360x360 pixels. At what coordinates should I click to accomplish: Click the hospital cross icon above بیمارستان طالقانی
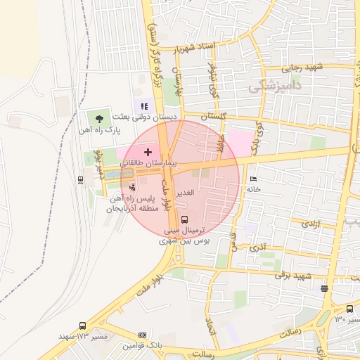tap(148, 152)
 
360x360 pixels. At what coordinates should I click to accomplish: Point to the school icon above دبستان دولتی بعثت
tap(144, 106)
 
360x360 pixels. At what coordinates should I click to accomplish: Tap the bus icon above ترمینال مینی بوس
tap(185, 219)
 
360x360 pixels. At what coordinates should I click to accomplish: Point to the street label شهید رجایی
tap(302, 68)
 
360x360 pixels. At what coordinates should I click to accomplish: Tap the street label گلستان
tap(215, 115)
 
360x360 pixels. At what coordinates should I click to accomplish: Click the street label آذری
tap(257, 247)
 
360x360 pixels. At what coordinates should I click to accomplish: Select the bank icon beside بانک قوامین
tap(143, 335)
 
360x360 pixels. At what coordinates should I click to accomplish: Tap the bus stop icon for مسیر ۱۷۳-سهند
tap(82, 326)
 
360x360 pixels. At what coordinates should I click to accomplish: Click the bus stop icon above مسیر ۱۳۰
tap(349, 309)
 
